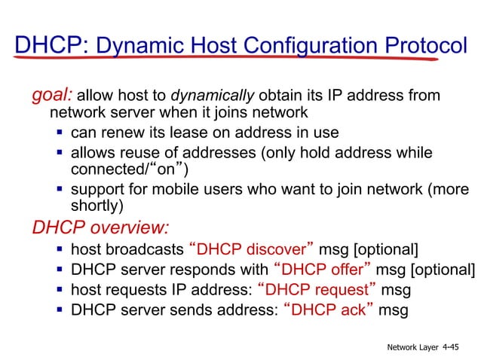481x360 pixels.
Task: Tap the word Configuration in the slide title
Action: pyautogui.click(x=302, y=46)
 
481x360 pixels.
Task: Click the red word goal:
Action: pyautogui.click(x=52, y=96)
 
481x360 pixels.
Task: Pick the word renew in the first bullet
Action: pyautogui.click(x=121, y=133)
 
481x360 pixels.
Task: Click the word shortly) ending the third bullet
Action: pyautogui.click(x=97, y=206)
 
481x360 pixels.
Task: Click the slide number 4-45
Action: pyautogui.click(x=452, y=347)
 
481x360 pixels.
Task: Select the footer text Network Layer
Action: pyautogui.click(x=412, y=347)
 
